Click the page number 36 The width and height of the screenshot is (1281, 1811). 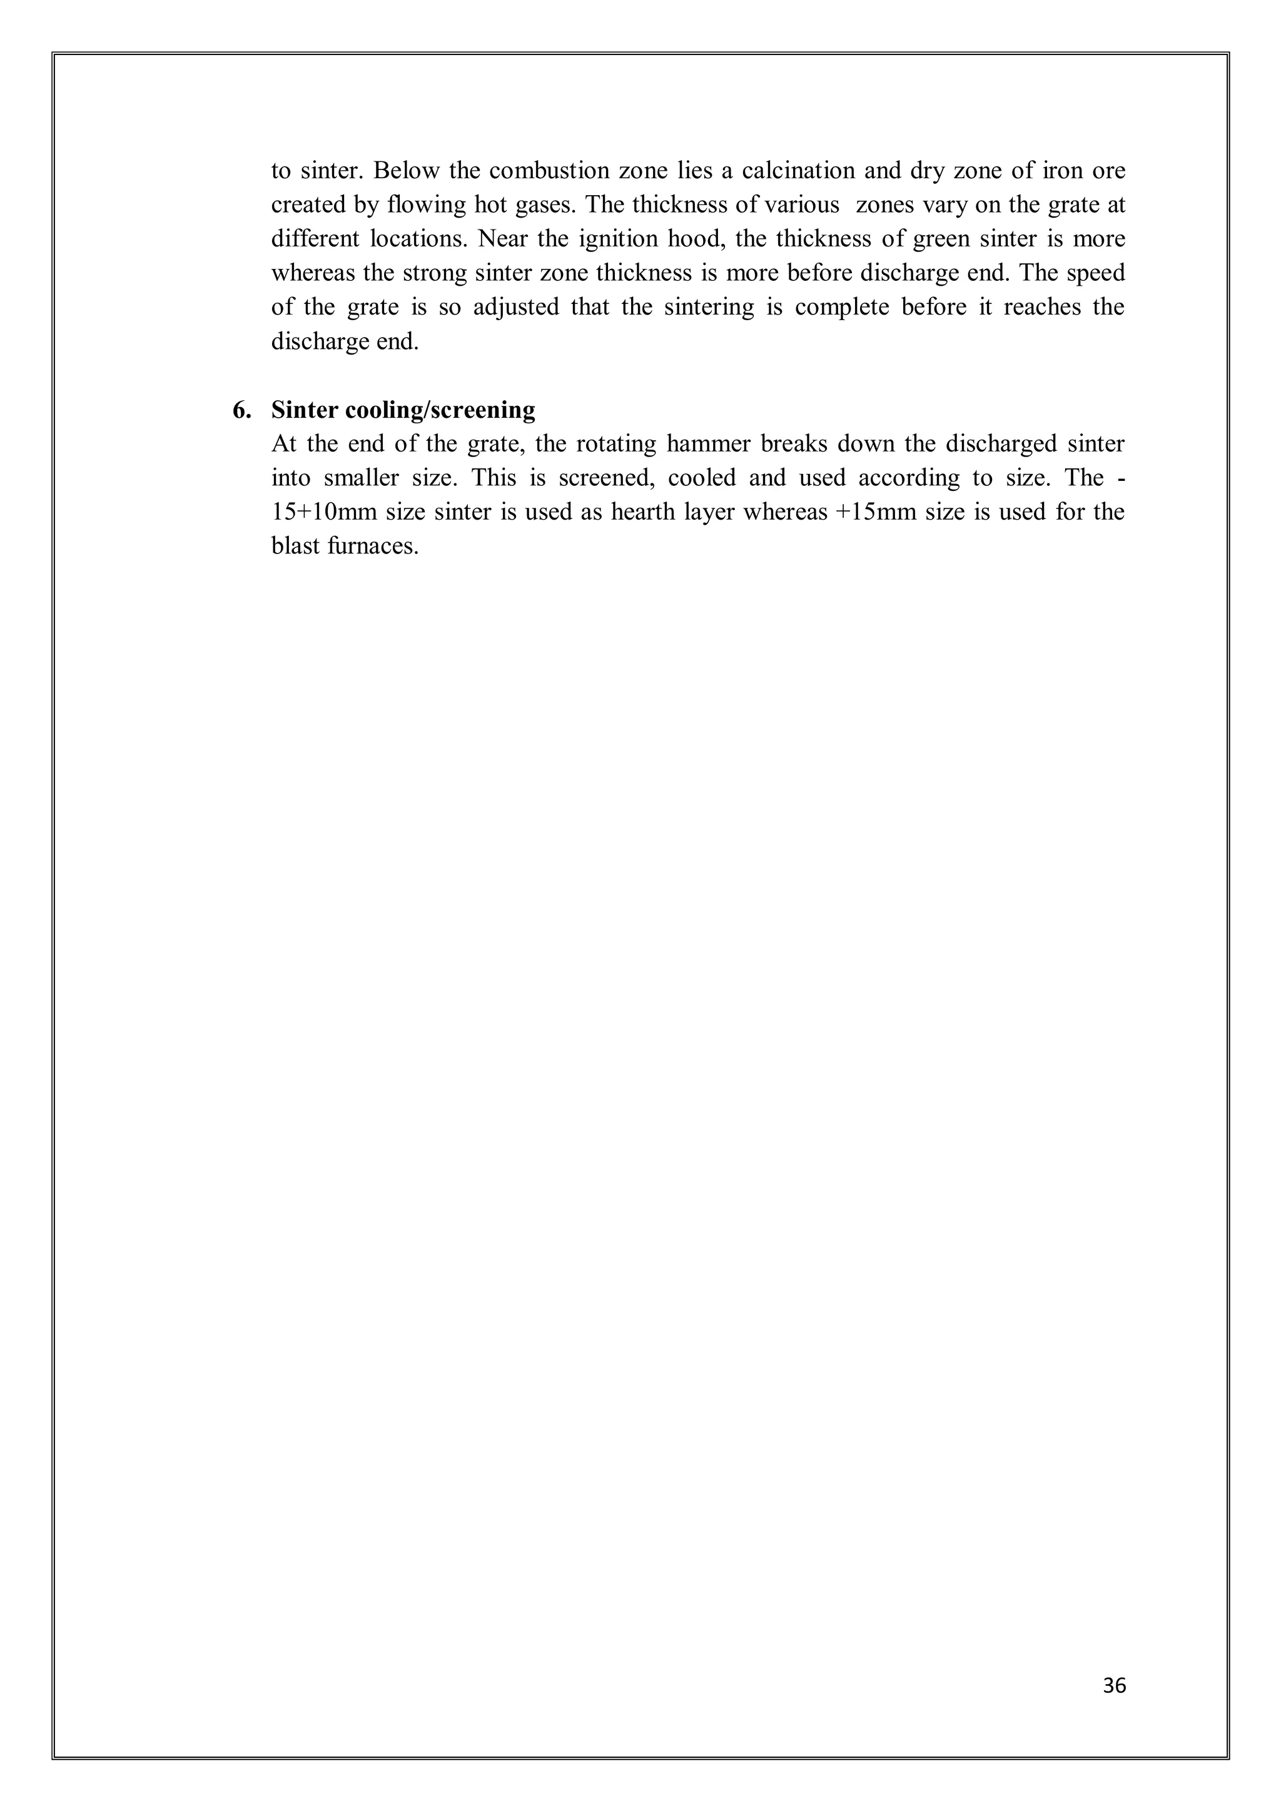(x=1115, y=1685)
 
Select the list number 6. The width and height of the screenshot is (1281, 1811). (x=241, y=410)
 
